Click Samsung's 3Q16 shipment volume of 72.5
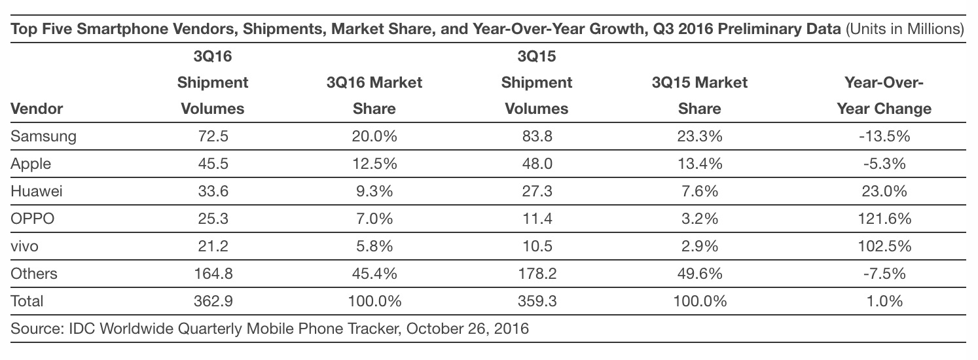(x=213, y=136)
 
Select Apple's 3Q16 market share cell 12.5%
(x=374, y=164)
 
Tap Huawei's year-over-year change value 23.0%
(x=884, y=191)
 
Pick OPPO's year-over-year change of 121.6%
(x=884, y=218)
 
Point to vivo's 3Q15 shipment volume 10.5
(x=537, y=246)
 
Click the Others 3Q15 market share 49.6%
(x=699, y=274)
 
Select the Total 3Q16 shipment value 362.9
(x=213, y=301)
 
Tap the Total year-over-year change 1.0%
(x=884, y=301)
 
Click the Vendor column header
(x=37, y=109)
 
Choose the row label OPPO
(x=32, y=218)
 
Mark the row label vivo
(x=24, y=246)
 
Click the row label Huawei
(x=36, y=191)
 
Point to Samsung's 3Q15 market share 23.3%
(x=699, y=136)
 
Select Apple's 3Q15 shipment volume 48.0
(x=537, y=164)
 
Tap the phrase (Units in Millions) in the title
(x=905, y=29)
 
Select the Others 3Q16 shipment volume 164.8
(x=213, y=274)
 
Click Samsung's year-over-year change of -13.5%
(x=884, y=136)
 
